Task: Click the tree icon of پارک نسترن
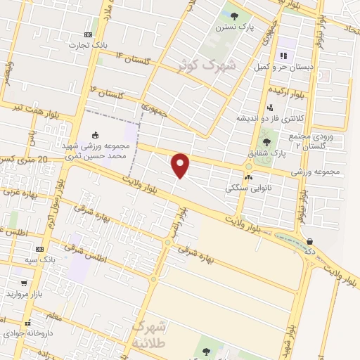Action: (235, 15)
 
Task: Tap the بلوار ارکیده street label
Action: (290, 91)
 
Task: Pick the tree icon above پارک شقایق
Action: (266, 142)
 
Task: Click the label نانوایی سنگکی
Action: (244, 188)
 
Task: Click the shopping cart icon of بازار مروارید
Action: (25, 283)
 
